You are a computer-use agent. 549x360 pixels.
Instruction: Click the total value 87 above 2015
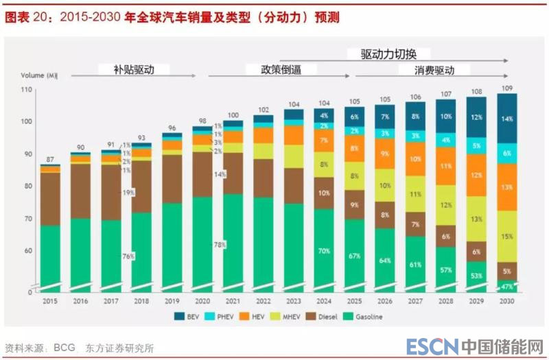(x=50, y=159)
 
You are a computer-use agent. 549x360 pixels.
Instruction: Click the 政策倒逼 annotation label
(x=280, y=69)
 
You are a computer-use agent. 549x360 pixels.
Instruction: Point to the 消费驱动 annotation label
(x=434, y=70)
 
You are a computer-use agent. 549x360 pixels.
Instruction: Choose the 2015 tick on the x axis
(x=49, y=301)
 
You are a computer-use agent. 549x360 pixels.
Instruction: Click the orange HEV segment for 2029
(x=476, y=176)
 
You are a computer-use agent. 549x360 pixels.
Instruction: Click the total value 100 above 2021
(x=233, y=115)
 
